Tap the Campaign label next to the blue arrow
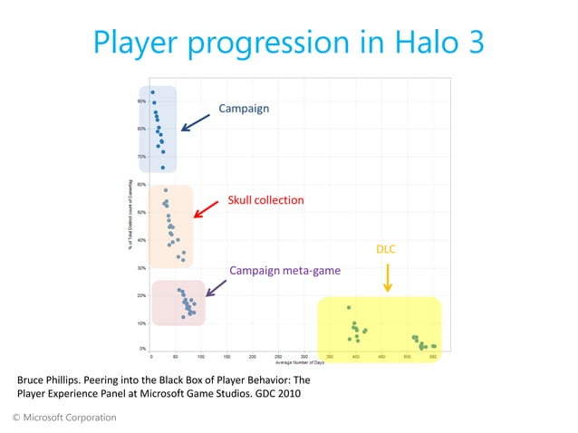[x=244, y=109]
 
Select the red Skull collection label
[x=265, y=199]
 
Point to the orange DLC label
[x=386, y=248]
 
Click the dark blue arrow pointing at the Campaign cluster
[x=197, y=120]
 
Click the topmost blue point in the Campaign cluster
[x=153, y=92]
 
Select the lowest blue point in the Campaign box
[x=163, y=168]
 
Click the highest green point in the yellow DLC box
[x=349, y=308]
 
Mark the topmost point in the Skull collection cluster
[x=165, y=190]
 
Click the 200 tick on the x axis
[x=252, y=357]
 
